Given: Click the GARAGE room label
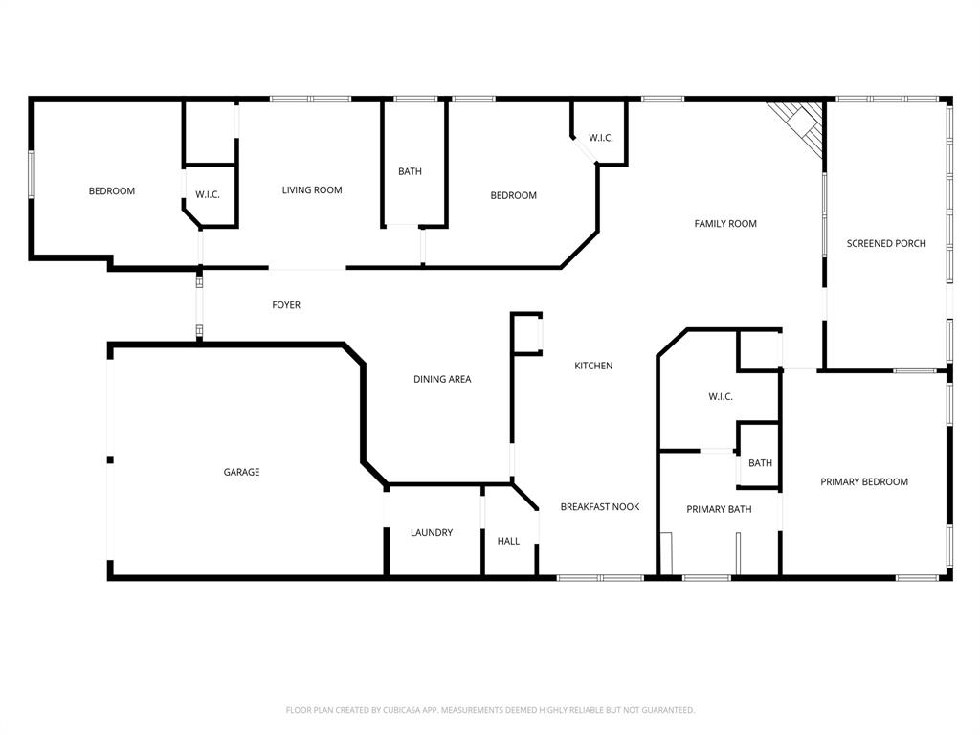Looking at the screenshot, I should coord(241,472).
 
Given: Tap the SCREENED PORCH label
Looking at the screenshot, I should coord(886,243).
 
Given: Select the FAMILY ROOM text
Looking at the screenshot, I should coord(725,224).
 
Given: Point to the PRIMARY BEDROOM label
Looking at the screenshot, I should coord(864,481).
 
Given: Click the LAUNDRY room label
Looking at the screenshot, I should coord(432,532).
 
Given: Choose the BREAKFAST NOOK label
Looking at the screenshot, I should coord(600,506).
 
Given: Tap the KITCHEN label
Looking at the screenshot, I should coord(593,366).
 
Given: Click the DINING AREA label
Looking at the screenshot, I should coord(442,379).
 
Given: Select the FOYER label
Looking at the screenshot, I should coord(286,305).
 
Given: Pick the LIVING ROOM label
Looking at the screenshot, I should coord(312,190).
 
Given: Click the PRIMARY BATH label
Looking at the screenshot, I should coord(719,509).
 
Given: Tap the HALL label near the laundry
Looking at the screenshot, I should coord(508,541).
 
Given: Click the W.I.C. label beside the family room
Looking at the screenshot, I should coord(601,138).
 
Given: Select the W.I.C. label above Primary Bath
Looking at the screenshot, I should coord(721,396).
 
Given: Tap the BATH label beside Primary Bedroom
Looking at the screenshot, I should coord(760,463).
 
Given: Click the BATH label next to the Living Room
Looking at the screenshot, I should coord(410,171).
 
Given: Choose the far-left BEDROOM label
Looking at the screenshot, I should coord(112,190).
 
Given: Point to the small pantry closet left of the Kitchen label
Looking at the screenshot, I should coord(527,334).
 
